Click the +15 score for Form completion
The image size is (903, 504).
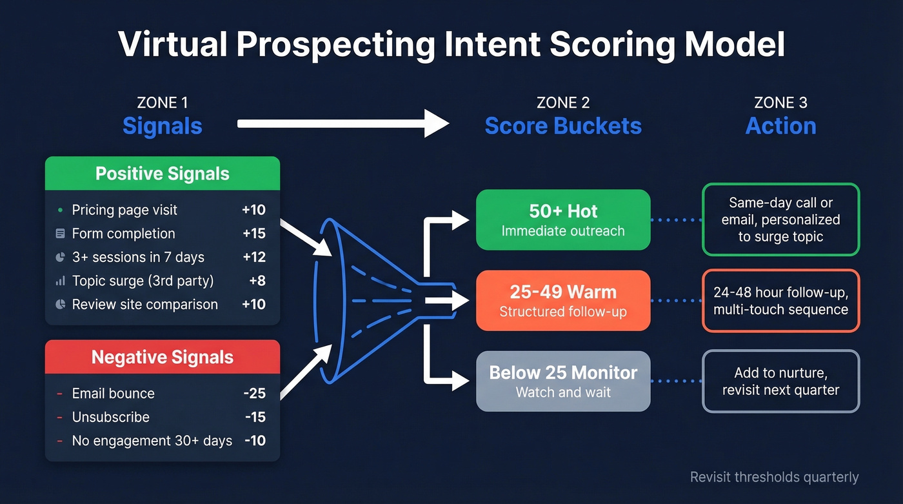point(254,234)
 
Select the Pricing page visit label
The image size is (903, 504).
point(124,210)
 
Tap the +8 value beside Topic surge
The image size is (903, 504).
point(257,281)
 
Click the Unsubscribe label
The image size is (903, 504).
point(110,417)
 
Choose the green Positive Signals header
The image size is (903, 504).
point(163,174)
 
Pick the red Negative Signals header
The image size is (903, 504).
point(163,357)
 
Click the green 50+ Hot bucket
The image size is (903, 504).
point(563,219)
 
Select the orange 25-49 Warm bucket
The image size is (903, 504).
point(563,301)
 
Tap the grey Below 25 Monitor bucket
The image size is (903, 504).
point(563,381)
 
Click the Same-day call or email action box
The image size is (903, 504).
point(780,219)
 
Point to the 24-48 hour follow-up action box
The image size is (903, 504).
point(780,301)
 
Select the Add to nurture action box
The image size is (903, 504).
point(780,381)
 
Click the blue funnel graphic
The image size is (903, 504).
point(361,300)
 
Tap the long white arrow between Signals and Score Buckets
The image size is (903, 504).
point(342,123)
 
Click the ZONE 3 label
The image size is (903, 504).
point(780,103)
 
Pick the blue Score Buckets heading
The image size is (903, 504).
point(563,126)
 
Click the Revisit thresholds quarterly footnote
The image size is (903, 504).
point(774,478)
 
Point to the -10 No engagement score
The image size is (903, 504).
point(255,441)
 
